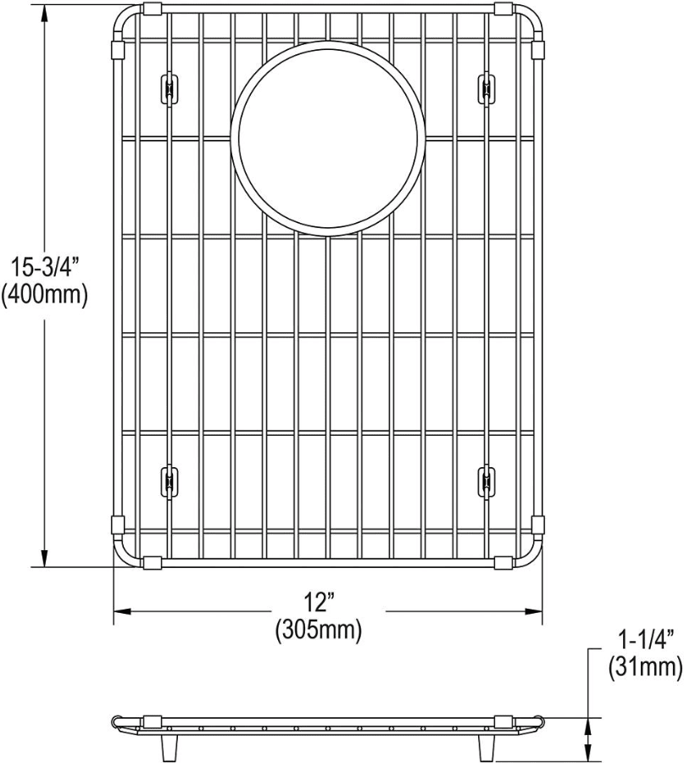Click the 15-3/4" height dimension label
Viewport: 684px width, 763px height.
(x=44, y=269)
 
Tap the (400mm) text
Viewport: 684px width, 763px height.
(x=44, y=296)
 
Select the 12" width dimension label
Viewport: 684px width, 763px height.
(x=317, y=603)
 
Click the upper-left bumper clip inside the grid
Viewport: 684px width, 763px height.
(x=168, y=87)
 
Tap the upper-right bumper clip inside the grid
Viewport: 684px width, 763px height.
(x=486, y=87)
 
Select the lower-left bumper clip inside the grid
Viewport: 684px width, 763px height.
(x=168, y=480)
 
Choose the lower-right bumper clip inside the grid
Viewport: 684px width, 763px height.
(x=486, y=480)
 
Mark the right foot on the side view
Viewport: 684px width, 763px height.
(x=487, y=746)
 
